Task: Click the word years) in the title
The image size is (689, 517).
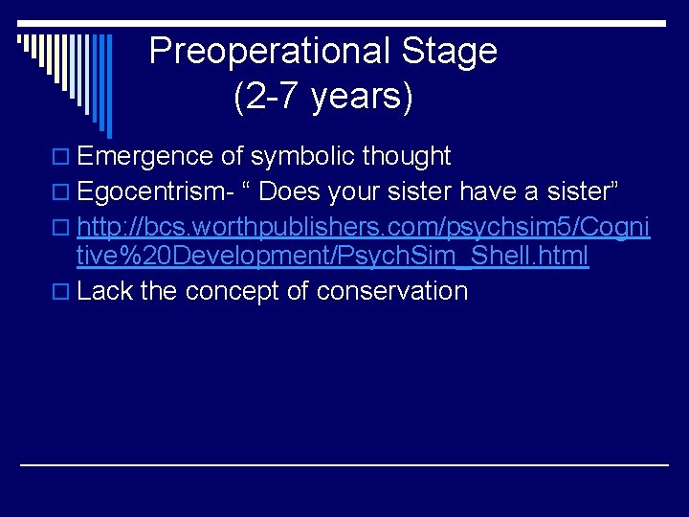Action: coord(362,97)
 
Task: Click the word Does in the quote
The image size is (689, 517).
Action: coord(289,192)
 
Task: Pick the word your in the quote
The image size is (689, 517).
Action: coord(353,192)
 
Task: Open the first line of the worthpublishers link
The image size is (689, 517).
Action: coord(364,228)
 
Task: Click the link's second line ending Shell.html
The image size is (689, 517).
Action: coord(332,257)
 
